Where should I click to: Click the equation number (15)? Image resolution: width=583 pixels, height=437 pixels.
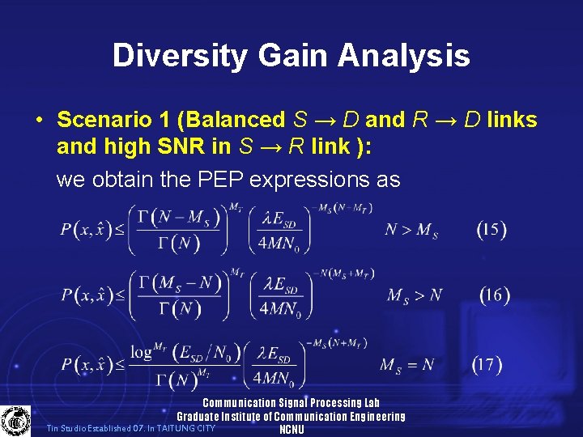(x=492, y=229)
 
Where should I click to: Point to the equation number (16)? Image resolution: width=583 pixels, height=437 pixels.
(x=494, y=295)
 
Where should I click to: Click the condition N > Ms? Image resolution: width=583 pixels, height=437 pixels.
(x=411, y=231)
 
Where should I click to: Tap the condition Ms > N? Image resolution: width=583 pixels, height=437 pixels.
(x=414, y=296)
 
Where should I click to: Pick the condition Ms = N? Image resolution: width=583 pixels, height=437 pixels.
(x=409, y=366)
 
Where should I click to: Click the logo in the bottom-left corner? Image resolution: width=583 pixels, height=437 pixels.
(x=15, y=421)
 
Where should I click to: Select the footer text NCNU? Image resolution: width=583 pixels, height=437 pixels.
(x=291, y=430)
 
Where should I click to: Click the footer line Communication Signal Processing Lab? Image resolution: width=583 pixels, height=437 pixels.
(x=291, y=403)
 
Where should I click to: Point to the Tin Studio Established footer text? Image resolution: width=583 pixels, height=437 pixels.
(x=130, y=428)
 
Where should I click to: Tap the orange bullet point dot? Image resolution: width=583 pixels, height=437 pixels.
(x=39, y=121)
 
